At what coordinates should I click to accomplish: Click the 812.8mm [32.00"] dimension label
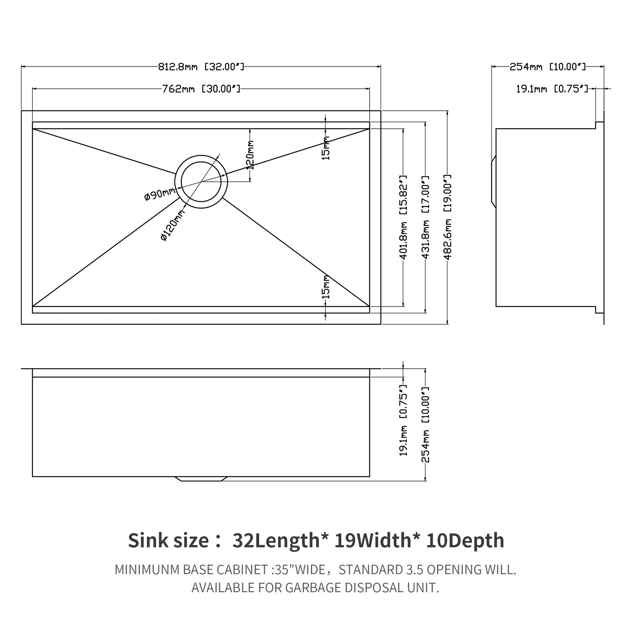click(x=201, y=67)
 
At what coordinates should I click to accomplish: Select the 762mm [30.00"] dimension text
click(x=201, y=89)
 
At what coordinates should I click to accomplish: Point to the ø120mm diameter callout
click(x=173, y=225)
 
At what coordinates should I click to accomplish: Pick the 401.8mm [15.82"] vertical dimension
click(x=403, y=217)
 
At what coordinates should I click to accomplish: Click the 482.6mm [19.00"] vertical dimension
click(x=447, y=217)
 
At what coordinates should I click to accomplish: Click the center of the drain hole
click(x=201, y=182)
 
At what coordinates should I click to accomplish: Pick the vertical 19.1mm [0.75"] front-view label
click(x=403, y=420)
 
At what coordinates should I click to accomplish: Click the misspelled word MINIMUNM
click(x=147, y=570)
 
